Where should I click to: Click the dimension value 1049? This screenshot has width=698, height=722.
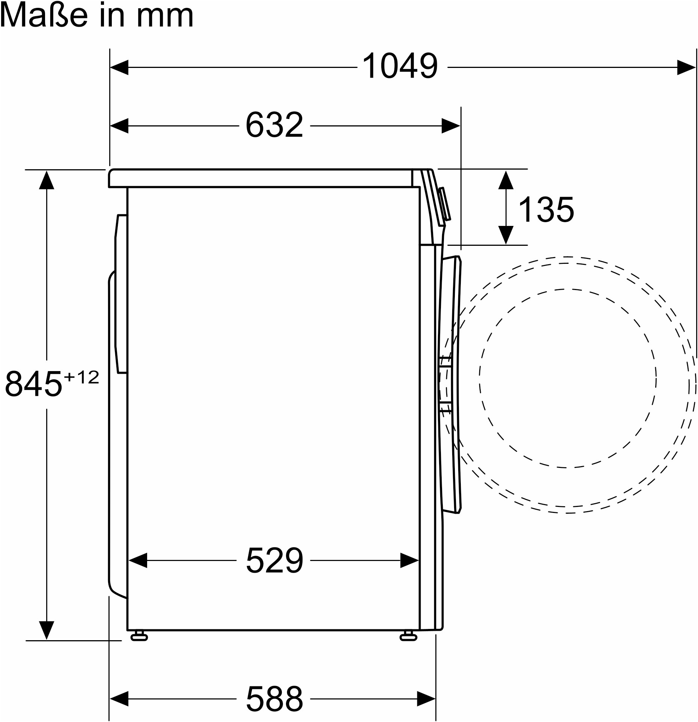click(x=400, y=66)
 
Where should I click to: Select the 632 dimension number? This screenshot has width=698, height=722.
click(x=274, y=125)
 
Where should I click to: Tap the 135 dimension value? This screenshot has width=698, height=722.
click(x=546, y=209)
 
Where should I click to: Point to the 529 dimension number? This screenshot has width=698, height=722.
click(x=274, y=560)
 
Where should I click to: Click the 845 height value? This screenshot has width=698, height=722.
click(x=33, y=384)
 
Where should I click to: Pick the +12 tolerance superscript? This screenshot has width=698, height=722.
click(x=81, y=377)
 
